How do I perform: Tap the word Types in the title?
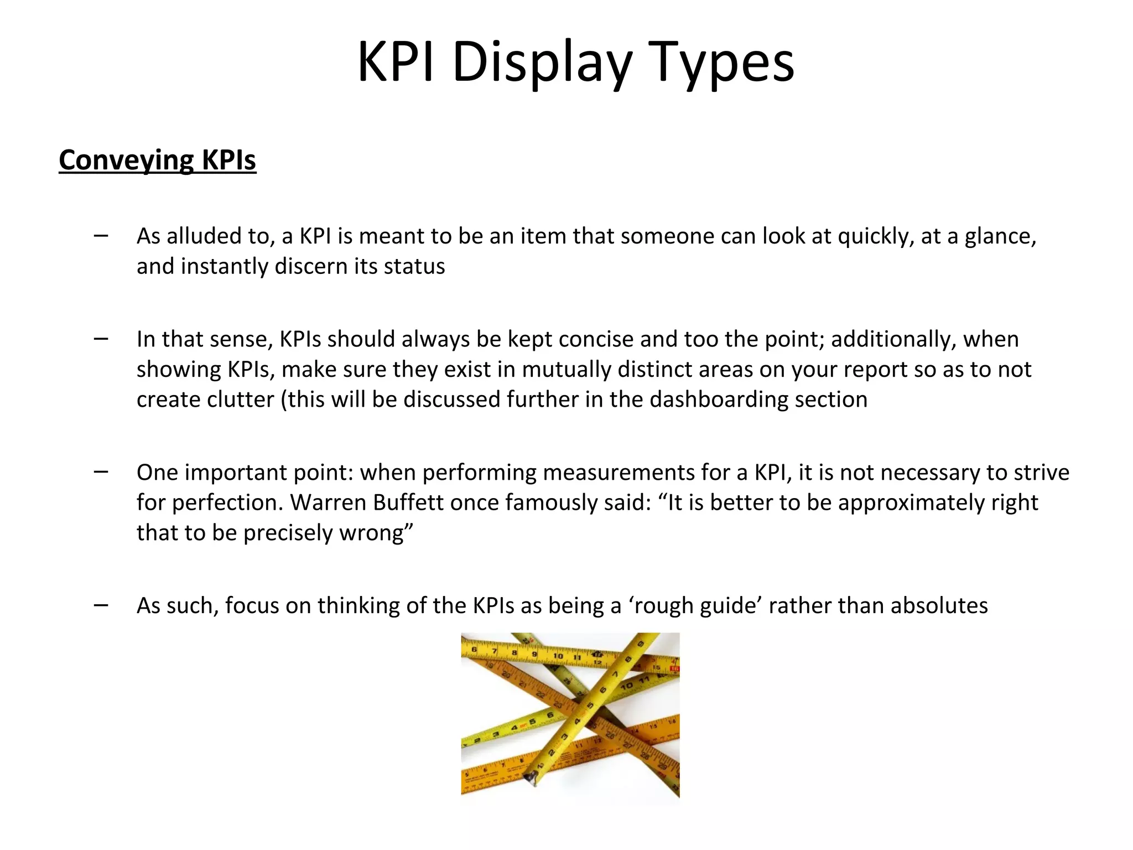[722, 62]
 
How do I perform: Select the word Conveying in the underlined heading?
[126, 160]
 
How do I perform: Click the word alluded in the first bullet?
[202, 236]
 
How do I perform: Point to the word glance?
[1000, 236]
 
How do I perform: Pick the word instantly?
[224, 266]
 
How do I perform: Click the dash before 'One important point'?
[101, 472]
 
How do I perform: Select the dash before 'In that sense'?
[101, 339]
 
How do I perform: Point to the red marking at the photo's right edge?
[674, 669]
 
